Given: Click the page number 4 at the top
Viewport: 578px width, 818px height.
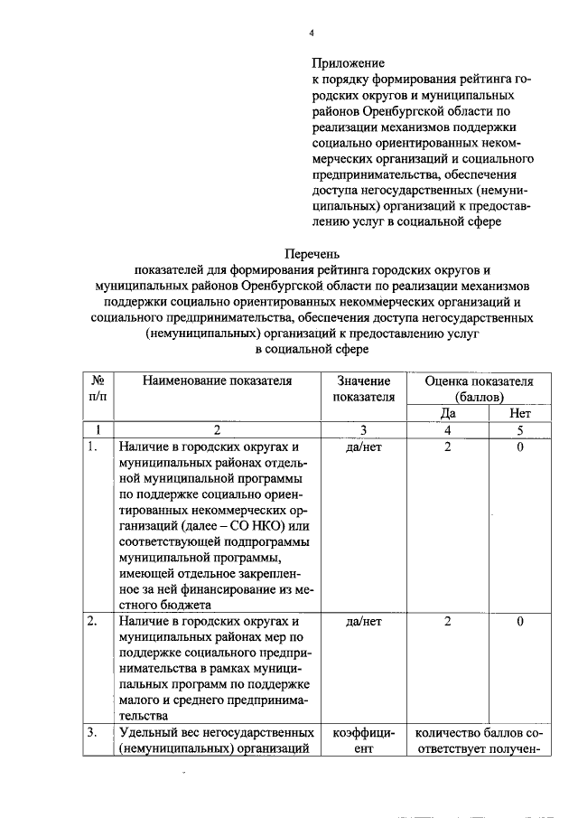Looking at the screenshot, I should click(x=312, y=33).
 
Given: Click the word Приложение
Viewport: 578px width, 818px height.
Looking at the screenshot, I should click(x=349, y=63).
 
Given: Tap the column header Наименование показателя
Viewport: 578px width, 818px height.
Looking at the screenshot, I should click(x=217, y=381).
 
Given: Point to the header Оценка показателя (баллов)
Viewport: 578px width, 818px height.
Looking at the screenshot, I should click(x=479, y=389).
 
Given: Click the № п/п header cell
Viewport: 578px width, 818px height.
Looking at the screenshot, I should click(x=98, y=389).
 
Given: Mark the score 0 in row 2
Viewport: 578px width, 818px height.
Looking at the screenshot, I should click(x=520, y=622).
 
